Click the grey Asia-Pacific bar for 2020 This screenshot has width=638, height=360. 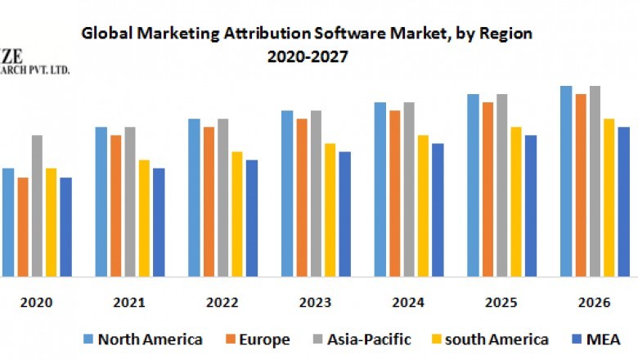(x=37, y=205)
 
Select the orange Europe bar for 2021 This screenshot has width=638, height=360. (x=116, y=205)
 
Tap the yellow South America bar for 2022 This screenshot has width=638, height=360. (x=237, y=214)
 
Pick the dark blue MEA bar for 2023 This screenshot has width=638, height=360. (x=344, y=214)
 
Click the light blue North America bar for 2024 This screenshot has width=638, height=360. (x=380, y=189)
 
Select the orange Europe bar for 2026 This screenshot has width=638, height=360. (x=581, y=185)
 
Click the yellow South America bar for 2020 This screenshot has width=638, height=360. (x=52, y=222)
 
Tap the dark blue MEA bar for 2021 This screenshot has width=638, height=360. (x=159, y=222)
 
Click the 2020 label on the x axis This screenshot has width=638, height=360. (x=36, y=303)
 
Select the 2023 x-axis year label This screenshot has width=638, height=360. (x=315, y=303)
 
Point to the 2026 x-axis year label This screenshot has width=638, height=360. (x=594, y=303)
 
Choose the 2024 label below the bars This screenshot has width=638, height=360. (x=408, y=303)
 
